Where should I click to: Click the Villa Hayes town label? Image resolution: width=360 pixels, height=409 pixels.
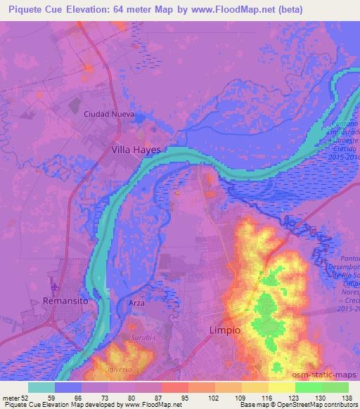(x=136, y=150)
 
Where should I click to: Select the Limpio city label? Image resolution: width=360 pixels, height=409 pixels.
(x=225, y=330)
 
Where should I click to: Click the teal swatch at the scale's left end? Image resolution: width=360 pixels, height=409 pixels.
(x=42, y=387)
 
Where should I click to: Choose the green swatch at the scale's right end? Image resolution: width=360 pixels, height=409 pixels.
(x=335, y=387)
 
